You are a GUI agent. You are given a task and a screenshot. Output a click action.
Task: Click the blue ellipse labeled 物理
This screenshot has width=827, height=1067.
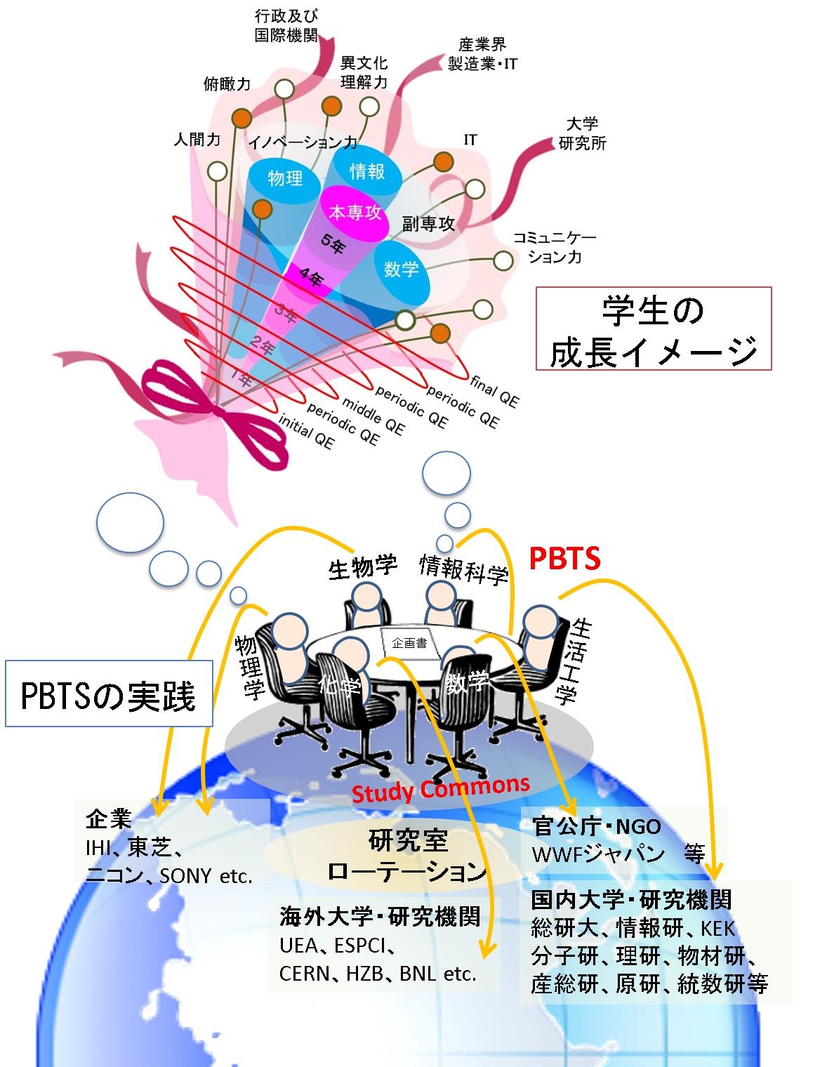pyautogui.click(x=285, y=178)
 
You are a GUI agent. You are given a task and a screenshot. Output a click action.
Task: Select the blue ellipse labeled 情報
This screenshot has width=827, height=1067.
pyautogui.click(x=366, y=171)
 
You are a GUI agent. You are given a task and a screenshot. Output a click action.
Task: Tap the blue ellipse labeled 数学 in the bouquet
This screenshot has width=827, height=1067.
pyautogui.click(x=401, y=268)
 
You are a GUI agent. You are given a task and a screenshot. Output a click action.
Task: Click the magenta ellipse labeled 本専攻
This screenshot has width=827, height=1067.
pyautogui.click(x=355, y=211)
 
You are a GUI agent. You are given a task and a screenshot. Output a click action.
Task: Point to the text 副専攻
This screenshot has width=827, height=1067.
pyautogui.click(x=428, y=224)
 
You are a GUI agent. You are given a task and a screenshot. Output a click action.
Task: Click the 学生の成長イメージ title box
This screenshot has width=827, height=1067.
pyautogui.click(x=653, y=329)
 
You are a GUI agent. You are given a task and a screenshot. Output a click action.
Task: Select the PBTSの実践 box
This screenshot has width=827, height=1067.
pyautogui.click(x=109, y=694)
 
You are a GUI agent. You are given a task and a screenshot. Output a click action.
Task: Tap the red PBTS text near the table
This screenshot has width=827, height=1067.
pyautogui.click(x=564, y=559)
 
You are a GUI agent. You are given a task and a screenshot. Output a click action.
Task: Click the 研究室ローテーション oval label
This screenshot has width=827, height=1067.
pyautogui.click(x=407, y=855)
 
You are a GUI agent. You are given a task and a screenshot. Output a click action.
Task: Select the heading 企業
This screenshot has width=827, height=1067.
pyautogui.click(x=109, y=819)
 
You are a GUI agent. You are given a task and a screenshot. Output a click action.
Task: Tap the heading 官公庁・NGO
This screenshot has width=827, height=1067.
pyautogui.click(x=596, y=826)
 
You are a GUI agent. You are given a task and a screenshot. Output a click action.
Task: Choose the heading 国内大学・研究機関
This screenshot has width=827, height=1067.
pyautogui.click(x=631, y=899)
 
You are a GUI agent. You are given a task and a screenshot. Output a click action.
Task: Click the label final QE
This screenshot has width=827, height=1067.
pyautogui.click(x=494, y=390)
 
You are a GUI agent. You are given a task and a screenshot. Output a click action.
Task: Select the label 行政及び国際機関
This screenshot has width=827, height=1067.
pyautogui.click(x=285, y=26)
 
